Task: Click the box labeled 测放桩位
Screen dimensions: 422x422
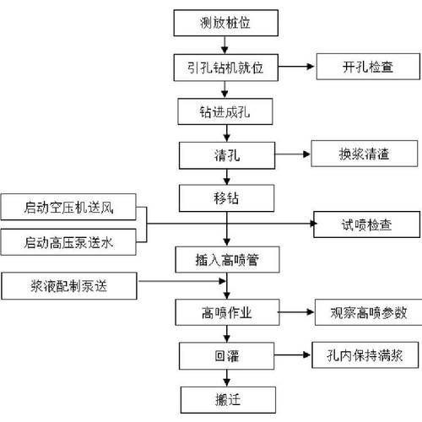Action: (x=224, y=23)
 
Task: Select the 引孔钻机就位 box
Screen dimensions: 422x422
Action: (x=225, y=68)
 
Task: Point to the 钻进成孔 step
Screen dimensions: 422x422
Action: (x=225, y=111)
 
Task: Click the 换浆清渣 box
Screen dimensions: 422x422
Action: (x=364, y=154)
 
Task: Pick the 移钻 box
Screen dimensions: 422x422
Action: (x=225, y=198)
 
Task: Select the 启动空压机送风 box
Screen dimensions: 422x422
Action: (x=74, y=208)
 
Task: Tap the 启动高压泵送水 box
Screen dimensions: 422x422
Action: (x=74, y=242)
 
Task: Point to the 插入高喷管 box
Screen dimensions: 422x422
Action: (x=224, y=258)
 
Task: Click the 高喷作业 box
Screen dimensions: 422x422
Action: (x=225, y=311)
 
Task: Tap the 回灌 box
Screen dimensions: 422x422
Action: (x=225, y=354)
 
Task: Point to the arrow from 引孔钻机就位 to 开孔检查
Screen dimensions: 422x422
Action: (x=295, y=68)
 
